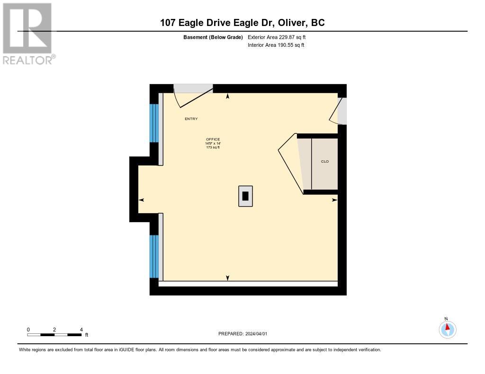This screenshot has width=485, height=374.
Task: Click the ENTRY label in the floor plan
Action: [191, 119]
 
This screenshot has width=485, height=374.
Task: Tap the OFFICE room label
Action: [213, 139]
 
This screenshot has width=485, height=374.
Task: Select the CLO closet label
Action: [325, 162]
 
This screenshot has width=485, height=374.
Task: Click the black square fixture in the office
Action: [245, 196]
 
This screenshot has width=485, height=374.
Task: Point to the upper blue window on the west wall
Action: [154, 123]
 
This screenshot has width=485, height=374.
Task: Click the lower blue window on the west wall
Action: [154, 256]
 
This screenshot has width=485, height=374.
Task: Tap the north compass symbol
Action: [447, 329]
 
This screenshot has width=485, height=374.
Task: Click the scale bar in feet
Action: [54, 335]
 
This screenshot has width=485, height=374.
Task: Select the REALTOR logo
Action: [28, 34]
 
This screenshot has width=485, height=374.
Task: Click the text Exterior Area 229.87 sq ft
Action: [277, 37]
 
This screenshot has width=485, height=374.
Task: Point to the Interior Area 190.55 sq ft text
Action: [276, 45]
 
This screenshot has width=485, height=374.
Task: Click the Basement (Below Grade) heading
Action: [213, 37]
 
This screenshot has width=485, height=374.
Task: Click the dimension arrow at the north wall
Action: [228, 96]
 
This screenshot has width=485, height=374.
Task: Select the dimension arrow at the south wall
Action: [228, 278]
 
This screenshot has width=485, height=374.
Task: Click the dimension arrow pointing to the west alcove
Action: [141, 200]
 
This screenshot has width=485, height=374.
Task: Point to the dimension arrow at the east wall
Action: [334, 200]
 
